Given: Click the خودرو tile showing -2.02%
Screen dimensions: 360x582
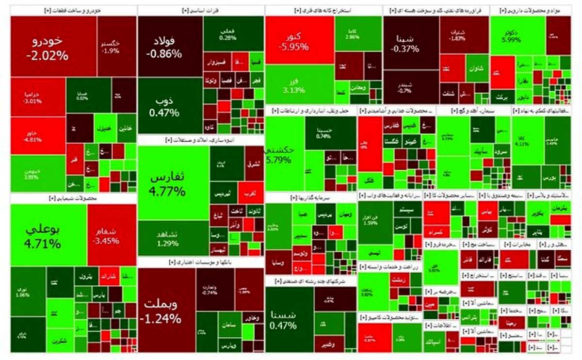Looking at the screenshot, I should (x=47, y=47).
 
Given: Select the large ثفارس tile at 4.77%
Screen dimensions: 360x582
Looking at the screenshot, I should (x=168, y=183).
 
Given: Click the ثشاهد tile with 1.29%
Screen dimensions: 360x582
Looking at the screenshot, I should (x=168, y=238).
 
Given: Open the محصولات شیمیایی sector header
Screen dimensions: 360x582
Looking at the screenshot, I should (x=73, y=198).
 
